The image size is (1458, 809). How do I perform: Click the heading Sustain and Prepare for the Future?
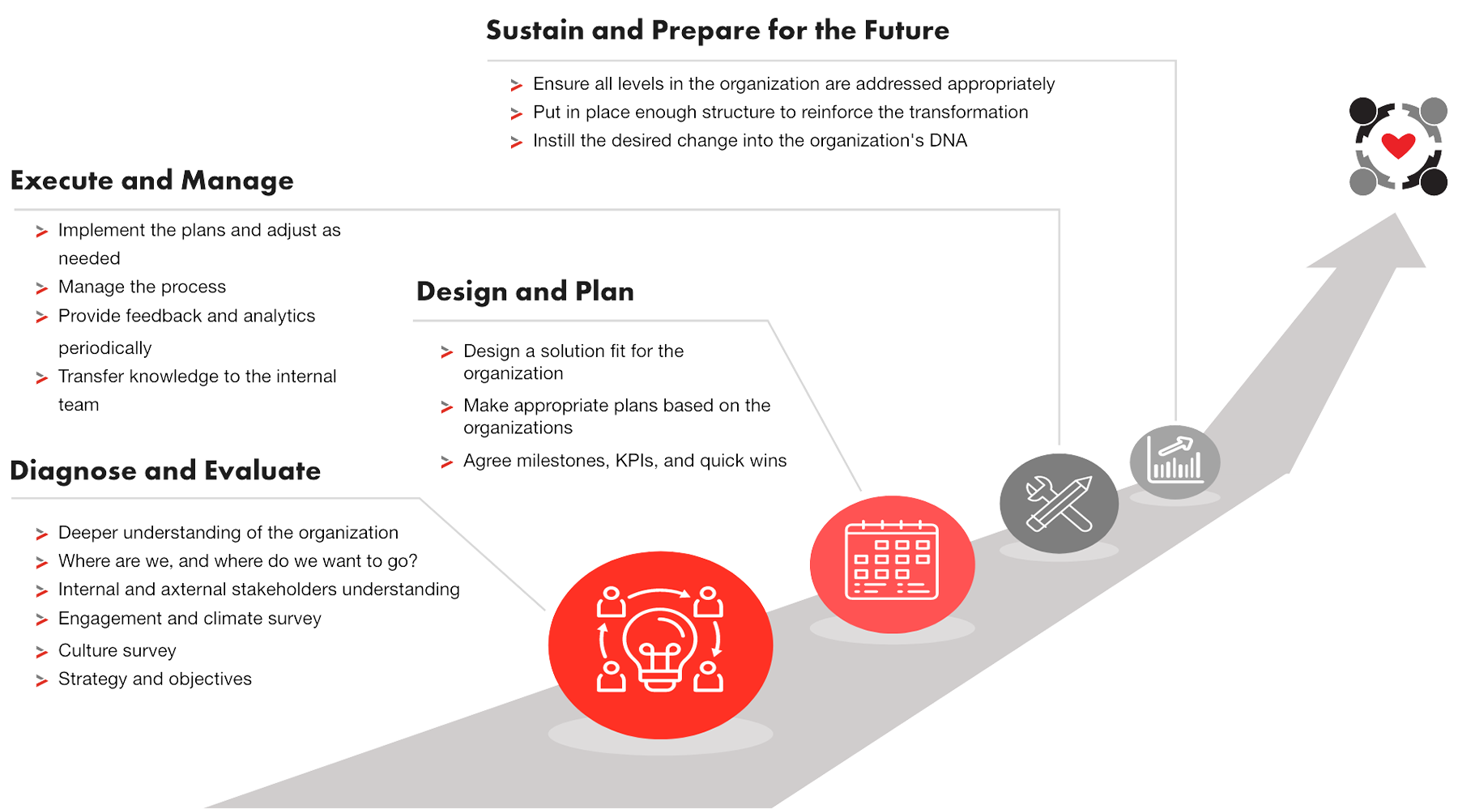click(718, 32)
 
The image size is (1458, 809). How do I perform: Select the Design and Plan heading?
click(525, 294)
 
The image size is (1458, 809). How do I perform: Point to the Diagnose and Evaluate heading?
click(165, 473)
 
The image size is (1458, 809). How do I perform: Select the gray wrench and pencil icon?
click(1059, 503)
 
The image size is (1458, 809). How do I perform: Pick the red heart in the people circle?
click(1398, 145)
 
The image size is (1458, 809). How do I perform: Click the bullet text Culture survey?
click(117, 651)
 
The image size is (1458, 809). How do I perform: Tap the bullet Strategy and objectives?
click(155, 679)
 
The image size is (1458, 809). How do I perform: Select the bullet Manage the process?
click(143, 288)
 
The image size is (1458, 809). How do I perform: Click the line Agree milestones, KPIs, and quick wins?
click(625, 462)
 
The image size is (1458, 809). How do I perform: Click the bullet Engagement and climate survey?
click(190, 620)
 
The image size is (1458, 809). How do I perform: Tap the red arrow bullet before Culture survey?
click(44, 652)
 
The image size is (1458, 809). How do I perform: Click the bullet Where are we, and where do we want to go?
click(237, 562)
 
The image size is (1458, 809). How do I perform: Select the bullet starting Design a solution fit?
click(573, 352)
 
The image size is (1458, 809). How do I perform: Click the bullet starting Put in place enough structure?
click(780, 113)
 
